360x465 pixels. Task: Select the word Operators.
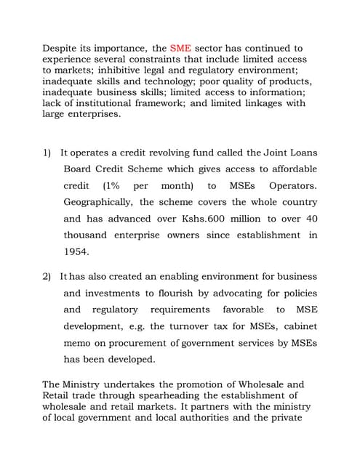(x=293, y=186)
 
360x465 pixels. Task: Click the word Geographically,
(x=98, y=202)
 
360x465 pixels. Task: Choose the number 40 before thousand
(x=311, y=219)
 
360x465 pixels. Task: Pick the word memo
(x=77, y=342)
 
